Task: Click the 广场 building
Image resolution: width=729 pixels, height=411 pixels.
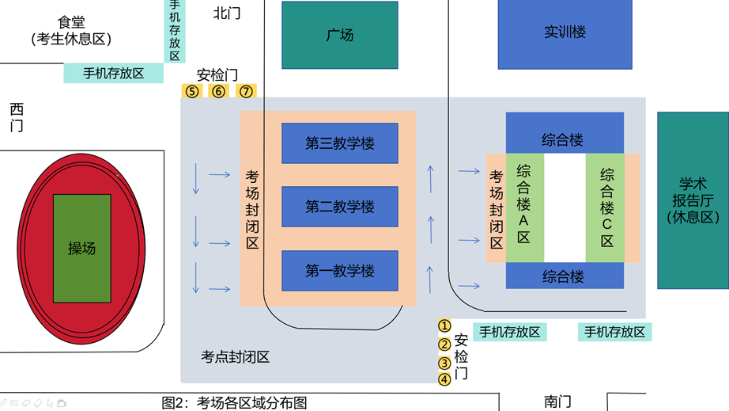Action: [x=339, y=35]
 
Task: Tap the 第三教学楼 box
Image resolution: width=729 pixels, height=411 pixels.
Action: [x=340, y=143]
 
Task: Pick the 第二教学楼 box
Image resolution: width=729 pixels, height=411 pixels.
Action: [x=340, y=207]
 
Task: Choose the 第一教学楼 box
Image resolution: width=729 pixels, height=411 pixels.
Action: [x=340, y=271]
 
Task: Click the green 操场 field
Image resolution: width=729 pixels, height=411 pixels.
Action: [x=81, y=248]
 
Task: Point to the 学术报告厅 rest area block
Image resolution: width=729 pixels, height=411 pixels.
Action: [x=693, y=200]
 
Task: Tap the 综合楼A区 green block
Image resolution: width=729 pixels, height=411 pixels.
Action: [x=523, y=207]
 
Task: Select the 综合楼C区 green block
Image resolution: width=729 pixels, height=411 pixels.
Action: [x=606, y=207]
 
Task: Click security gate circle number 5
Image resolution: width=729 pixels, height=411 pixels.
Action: [x=192, y=91]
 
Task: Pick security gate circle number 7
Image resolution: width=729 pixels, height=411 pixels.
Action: [x=246, y=91]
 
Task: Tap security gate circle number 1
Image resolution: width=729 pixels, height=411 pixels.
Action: [x=444, y=325]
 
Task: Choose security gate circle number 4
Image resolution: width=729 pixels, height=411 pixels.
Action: [x=444, y=379]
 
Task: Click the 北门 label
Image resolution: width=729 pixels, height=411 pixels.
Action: [x=227, y=13]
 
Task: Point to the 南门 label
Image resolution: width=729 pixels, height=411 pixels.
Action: [x=557, y=401]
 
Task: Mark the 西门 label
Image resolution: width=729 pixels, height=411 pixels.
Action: [x=17, y=116]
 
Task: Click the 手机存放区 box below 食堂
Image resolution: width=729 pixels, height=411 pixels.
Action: [x=113, y=74]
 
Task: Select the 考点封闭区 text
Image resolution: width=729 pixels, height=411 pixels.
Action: [x=235, y=357]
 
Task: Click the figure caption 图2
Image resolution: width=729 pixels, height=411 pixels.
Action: [x=234, y=402]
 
